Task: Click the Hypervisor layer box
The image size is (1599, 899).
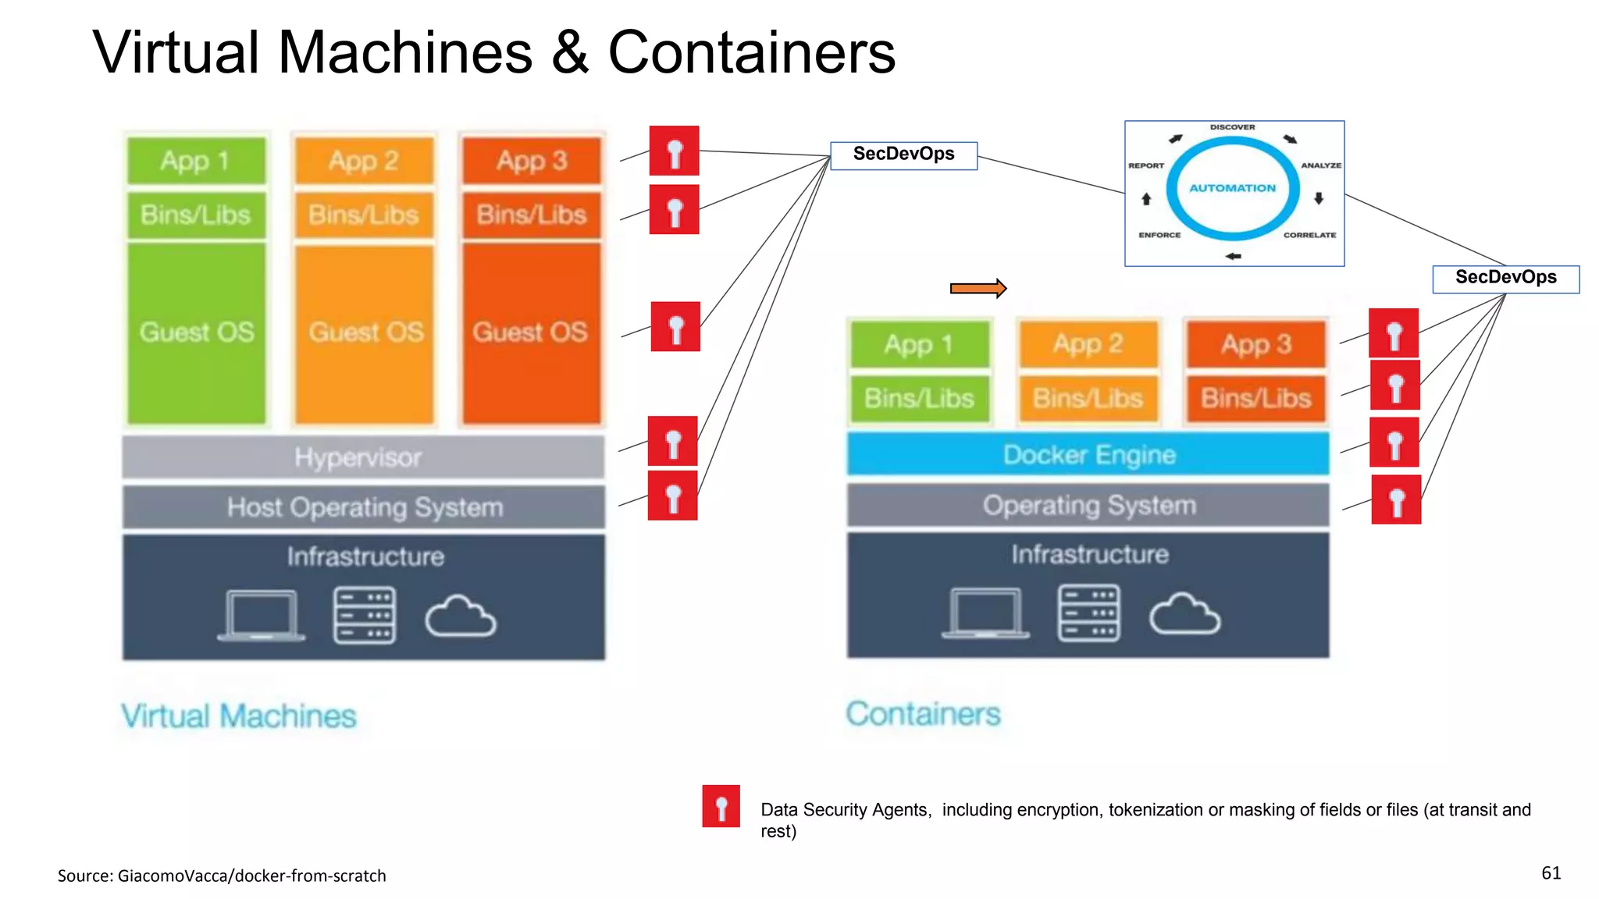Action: pos(363,457)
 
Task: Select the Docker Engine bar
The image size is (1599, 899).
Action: pos(1088,454)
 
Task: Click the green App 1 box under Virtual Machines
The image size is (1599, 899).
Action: pos(196,161)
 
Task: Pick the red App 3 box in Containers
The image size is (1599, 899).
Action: pos(1256,344)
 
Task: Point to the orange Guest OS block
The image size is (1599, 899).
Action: pos(365,332)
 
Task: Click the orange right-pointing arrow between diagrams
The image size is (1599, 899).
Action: pos(978,289)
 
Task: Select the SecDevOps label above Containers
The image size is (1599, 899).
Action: pos(1505,278)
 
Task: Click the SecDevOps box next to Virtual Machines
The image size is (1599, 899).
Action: pos(903,155)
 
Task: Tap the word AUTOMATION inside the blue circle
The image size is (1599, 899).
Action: pos(1232,188)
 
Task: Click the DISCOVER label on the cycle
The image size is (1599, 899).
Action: pos(1232,127)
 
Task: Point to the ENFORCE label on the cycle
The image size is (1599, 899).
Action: pos(1159,235)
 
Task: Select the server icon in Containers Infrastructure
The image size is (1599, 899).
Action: pos(1088,613)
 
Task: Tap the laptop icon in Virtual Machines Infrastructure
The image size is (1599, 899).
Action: pos(262,616)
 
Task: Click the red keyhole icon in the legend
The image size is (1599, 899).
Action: pos(721,806)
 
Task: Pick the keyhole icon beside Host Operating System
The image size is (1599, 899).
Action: pos(672,496)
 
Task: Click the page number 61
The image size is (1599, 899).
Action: pos(1551,873)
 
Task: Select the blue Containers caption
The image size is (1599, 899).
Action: pos(923,714)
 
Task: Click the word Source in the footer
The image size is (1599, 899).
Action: pos(84,876)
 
